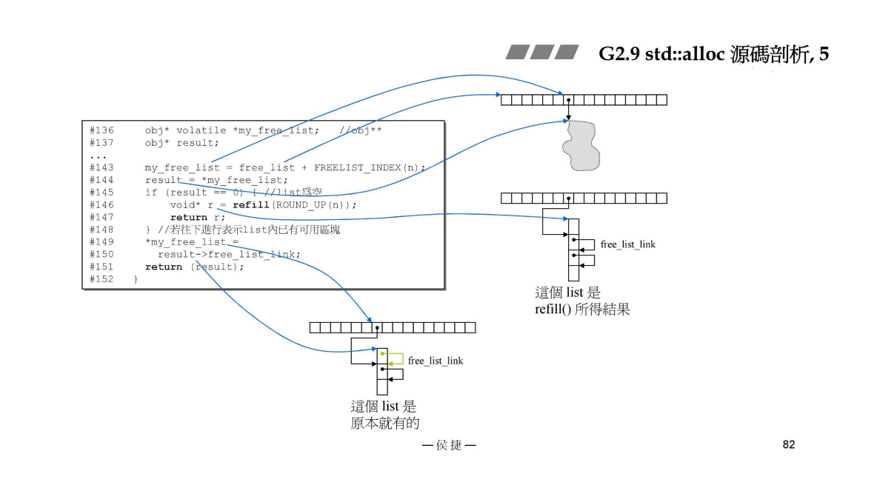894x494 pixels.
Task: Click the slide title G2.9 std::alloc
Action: pyautogui.click(x=713, y=55)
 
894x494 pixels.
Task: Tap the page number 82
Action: pyautogui.click(x=788, y=444)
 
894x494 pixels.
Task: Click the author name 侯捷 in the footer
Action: pyautogui.click(x=449, y=445)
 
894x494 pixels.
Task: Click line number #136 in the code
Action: pyautogui.click(x=101, y=130)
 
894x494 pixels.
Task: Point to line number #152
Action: pyautogui.click(x=101, y=279)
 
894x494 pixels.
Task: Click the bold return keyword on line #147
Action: pyautogui.click(x=188, y=217)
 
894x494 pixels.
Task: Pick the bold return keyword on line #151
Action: pyautogui.click(x=163, y=267)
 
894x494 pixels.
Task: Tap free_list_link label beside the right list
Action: pyautogui.click(x=627, y=244)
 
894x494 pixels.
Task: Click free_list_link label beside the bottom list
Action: pyautogui.click(x=435, y=361)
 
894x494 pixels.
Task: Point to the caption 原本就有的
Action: pyautogui.click(x=384, y=423)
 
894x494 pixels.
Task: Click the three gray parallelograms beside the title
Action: pyautogui.click(x=542, y=53)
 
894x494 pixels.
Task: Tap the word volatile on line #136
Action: pyautogui.click(x=201, y=130)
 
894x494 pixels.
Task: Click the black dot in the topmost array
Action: pyautogui.click(x=567, y=99)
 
